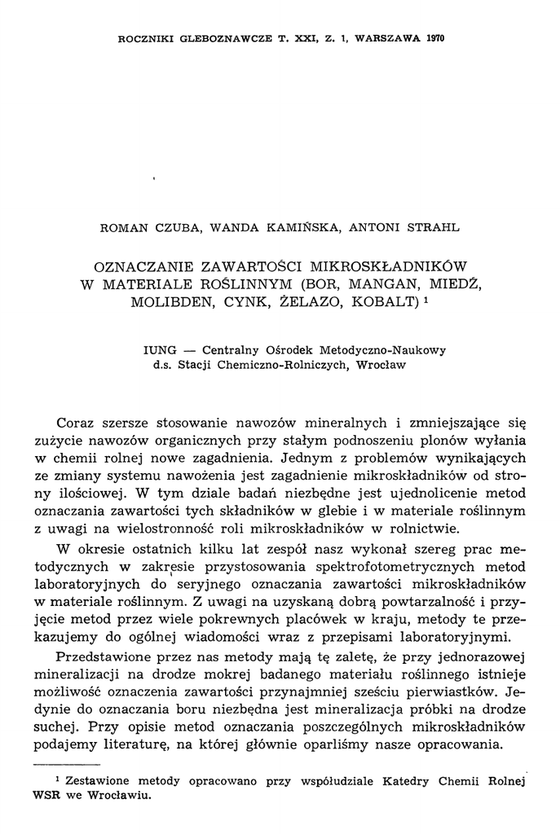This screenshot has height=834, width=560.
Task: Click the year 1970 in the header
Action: pyautogui.click(x=434, y=38)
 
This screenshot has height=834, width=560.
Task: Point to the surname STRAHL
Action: pyautogui.click(x=433, y=229)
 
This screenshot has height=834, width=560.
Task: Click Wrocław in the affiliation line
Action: pyautogui.click(x=380, y=365)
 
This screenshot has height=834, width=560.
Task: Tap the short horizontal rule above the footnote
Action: pyautogui.click(x=64, y=765)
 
